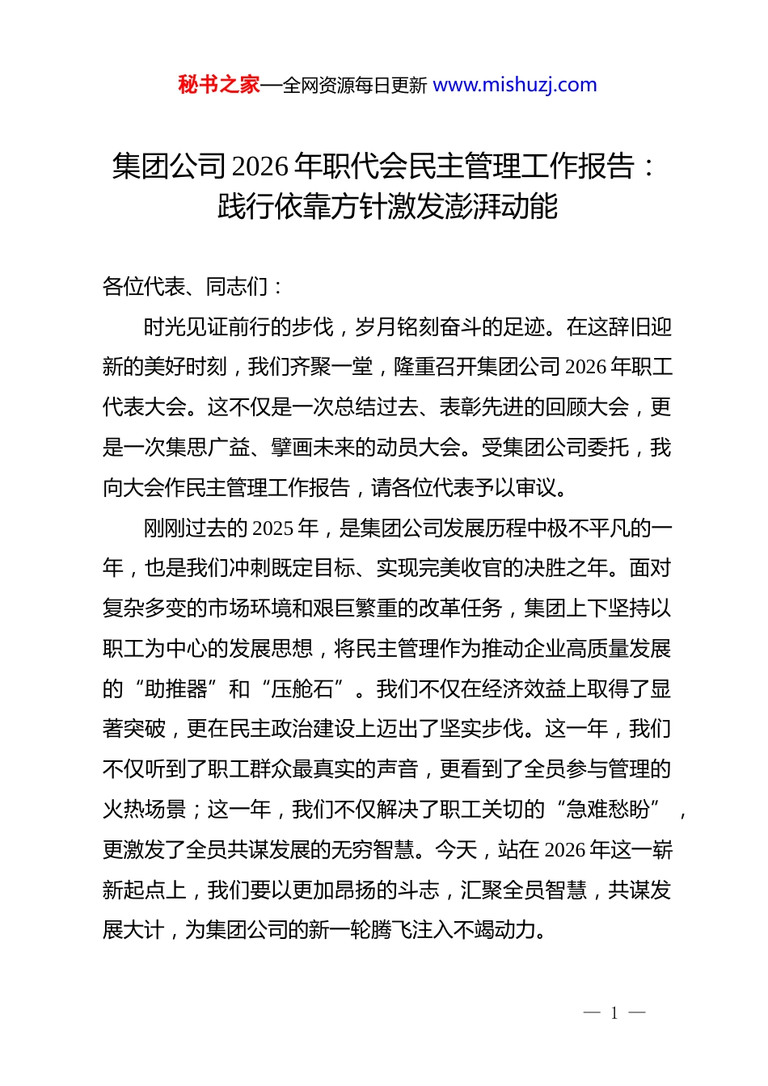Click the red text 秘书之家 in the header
pos(218,85)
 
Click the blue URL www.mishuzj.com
pos(515,85)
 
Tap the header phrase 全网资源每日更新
pos(355,86)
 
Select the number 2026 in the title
pos(260,166)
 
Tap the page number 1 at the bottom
pos(614,1013)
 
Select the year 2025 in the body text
pos(272,528)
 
